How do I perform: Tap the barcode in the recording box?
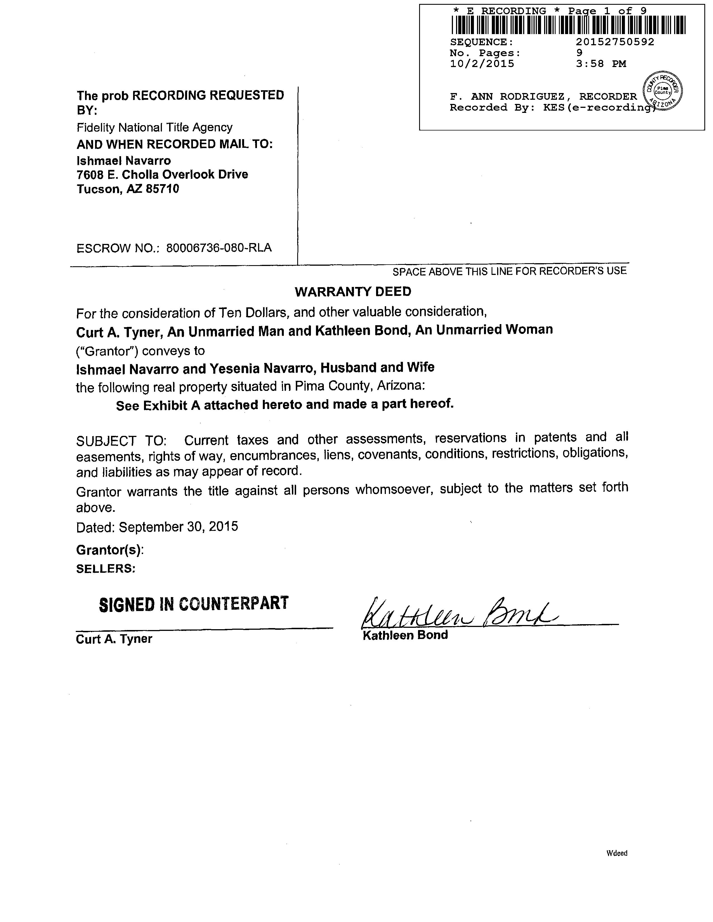(568, 25)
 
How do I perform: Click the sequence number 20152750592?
(615, 42)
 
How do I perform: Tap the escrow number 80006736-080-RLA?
(219, 248)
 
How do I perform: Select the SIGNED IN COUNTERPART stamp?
(194, 604)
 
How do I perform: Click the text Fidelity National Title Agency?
(155, 127)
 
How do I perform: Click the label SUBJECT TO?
(121, 441)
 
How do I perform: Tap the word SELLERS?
(106, 569)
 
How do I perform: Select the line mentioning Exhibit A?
(285, 405)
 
